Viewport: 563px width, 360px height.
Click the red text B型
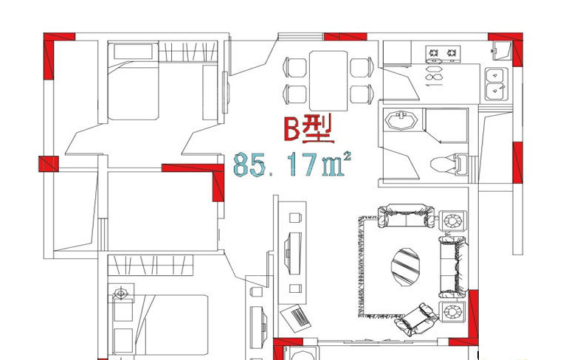[308, 128]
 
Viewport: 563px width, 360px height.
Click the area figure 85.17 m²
[292, 165]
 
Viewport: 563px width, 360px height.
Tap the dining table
[328, 80]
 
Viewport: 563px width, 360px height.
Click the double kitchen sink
[497, 84]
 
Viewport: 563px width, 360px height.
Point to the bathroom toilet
[449, 165]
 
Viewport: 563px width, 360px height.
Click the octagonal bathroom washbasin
[401, 120]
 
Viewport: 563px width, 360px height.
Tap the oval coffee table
[405, 266]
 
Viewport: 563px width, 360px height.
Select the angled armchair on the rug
[416, 319]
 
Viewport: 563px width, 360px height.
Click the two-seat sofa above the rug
[406, 215]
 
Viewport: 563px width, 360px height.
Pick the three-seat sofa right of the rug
[454, 266]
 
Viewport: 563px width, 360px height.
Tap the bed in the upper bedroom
[134, 81]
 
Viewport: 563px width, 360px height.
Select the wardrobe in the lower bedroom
[151, 266]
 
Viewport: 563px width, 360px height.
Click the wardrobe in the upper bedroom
[188, 52]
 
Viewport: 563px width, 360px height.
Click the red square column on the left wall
[49, 164]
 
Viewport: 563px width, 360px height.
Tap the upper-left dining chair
[295, 67]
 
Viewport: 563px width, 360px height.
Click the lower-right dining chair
[362, 94]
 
